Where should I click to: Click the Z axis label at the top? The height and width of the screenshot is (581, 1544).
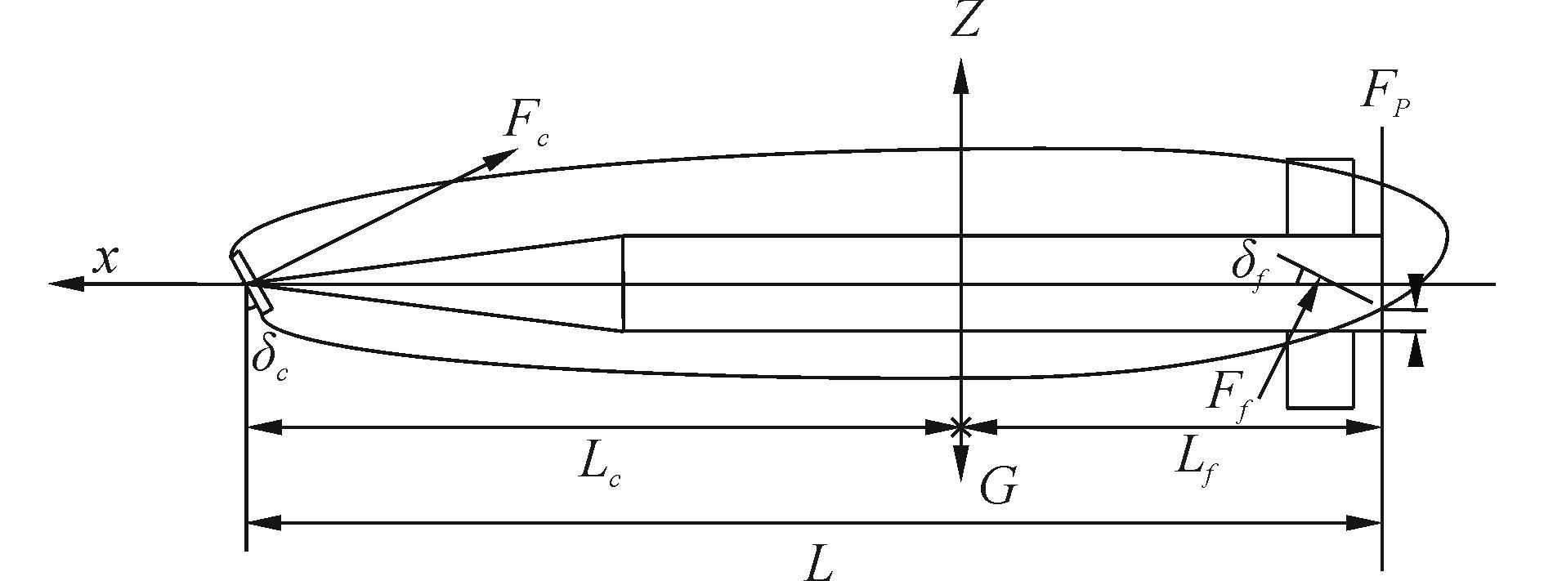click(x=965, y=21)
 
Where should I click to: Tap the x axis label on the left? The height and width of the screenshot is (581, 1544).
click(x=105, y=259)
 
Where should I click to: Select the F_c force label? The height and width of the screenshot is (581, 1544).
click(x=524, y=123)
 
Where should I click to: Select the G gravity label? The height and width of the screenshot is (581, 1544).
click(x=998, y=488)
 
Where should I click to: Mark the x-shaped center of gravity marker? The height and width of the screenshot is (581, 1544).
click(x=962, y=426)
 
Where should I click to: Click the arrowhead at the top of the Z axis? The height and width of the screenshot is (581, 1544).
click(x=962, y=75)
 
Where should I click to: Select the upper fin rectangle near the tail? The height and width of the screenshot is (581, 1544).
click(x=1320, y=196)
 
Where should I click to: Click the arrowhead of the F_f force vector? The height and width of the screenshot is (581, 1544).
click(x=1309, y=295)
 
